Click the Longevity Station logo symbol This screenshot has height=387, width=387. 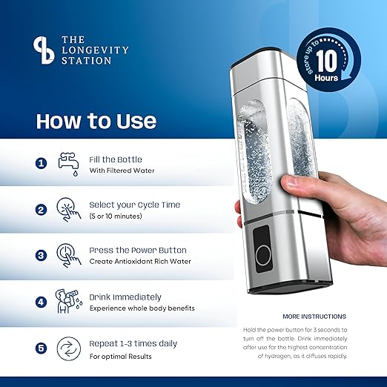[44, 50]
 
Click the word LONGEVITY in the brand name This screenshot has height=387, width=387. [95, 50]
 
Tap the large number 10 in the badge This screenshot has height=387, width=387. [327, 61]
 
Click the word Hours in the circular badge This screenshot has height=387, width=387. [326, 78]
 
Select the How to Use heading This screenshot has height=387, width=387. [96, 121]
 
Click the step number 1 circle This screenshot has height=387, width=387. [41, 164]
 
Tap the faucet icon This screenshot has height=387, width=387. [69, 164]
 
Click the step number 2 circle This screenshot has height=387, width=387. [41, 210]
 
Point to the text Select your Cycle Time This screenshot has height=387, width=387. [135, 205]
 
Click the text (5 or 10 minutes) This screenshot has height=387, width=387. [116, 216]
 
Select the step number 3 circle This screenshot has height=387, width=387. [41, 255]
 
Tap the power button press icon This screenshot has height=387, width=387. [69, 255]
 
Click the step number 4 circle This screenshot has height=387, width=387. [41, 302]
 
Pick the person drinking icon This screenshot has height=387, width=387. [68, 301]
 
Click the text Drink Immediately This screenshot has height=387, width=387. [125, 297]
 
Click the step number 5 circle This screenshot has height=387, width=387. [41, 348]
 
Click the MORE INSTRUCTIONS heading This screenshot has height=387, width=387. [314, 317]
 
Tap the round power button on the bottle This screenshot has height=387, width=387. [263, 256]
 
